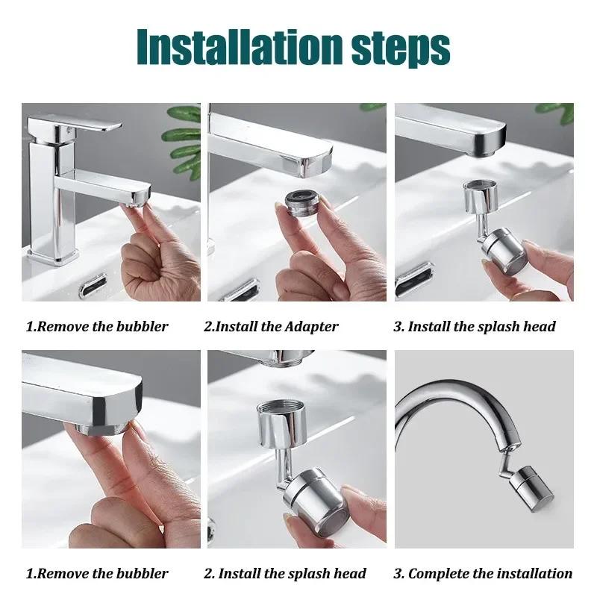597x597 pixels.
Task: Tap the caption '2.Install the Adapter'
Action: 271,326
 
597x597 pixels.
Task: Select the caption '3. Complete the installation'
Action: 483,573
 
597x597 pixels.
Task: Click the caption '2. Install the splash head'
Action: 284,573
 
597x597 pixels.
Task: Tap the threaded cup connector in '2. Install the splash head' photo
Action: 281,422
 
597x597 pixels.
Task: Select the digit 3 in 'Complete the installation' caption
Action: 398,573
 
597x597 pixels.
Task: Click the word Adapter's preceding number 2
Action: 208,326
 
